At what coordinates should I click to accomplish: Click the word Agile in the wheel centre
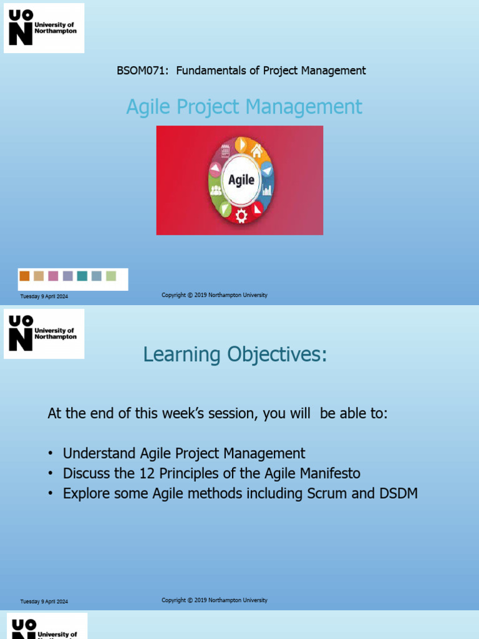[x=241, y=180]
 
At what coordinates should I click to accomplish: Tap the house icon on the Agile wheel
[x=256, y=150]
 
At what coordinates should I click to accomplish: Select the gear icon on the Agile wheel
[x=241, y=215]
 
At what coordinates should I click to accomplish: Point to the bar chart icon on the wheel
[x=267, y=190]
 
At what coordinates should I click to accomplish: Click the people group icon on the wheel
[x=216, y=190]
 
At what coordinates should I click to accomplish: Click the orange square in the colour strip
[x=24, y=276]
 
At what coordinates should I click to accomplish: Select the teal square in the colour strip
[x=82, y=276]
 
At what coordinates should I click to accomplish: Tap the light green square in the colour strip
[x=111, y=276]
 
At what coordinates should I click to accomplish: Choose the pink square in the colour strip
[x=53, y=276]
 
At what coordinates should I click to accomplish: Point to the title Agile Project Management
[x=244, y=107]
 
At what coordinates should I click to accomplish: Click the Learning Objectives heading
[x=235, y=354]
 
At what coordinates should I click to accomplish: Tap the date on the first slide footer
[x=44, y=296]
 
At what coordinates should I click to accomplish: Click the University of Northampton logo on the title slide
[x=44, y=27]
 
